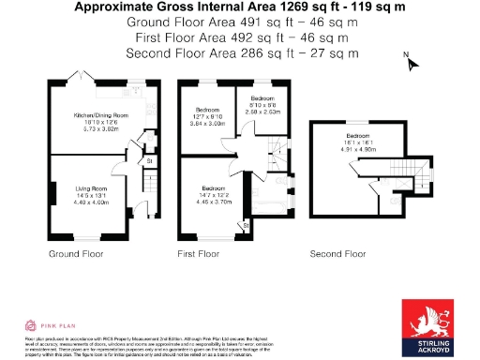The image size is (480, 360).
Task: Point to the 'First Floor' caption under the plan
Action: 198,254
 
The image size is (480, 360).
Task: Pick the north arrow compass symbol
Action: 410,63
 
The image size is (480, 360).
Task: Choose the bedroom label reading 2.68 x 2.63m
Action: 262,105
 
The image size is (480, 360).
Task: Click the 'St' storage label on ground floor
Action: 149,162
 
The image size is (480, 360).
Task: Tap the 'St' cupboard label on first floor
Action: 246,225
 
